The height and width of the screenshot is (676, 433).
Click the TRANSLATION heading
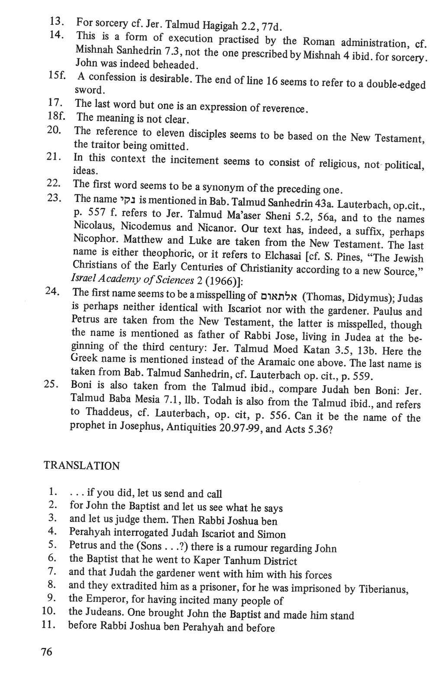click(81, 466)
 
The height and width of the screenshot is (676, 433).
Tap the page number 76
click(46, 651)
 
